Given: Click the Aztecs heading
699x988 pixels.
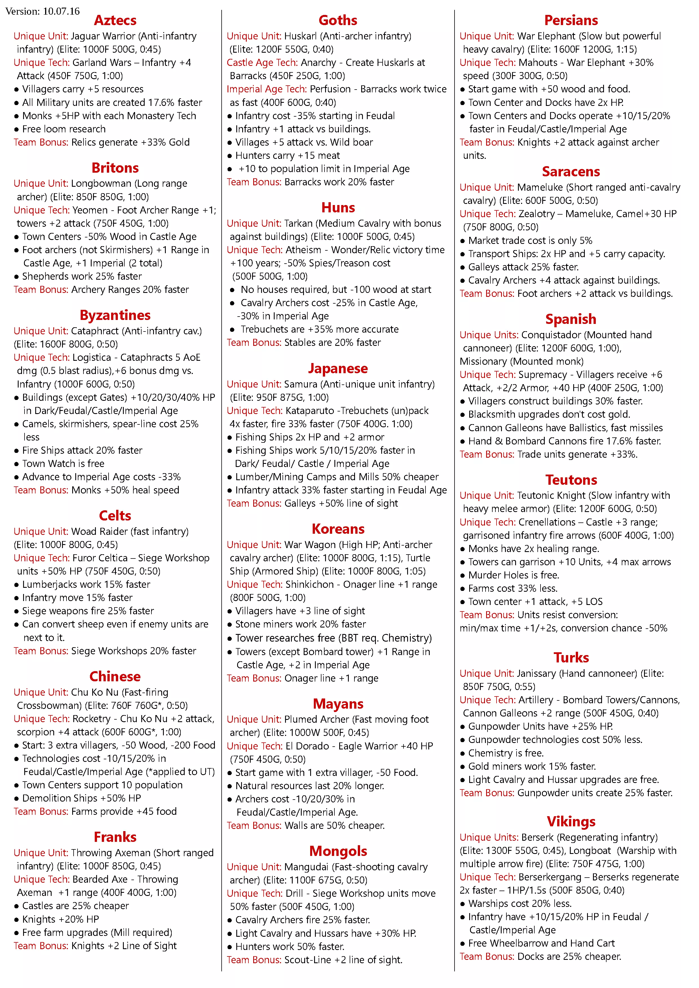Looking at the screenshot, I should coord(115,20).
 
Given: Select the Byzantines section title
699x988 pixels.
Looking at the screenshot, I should coord(115,315).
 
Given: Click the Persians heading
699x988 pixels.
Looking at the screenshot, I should coord(571,20).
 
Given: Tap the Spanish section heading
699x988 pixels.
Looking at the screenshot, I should coord(571,319).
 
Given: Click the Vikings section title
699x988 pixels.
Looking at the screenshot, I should coord(571,821).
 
